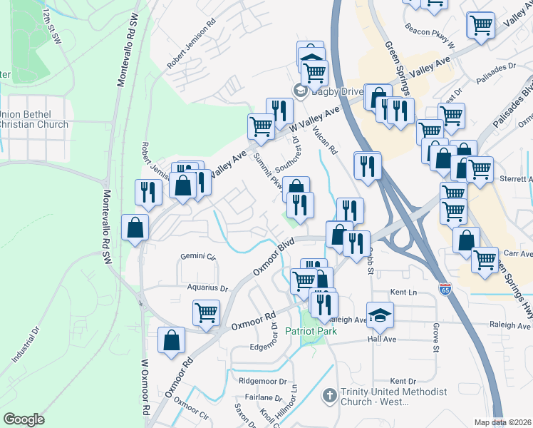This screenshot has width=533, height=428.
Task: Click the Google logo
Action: pyautogui.click(x=24, y=419)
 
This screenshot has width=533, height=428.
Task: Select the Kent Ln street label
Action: pyautogui.click(x=403, y=292)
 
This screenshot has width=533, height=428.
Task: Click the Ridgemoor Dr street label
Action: pyautogui.click(x=263, y=382)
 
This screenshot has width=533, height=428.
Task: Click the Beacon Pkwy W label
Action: pyautogui.click(x=430, y=44)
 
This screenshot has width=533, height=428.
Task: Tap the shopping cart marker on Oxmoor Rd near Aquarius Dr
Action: pyautogui.click(x=206, y=311)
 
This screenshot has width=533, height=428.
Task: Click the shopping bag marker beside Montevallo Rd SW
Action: pyautogui.click(x=135, y=228)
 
